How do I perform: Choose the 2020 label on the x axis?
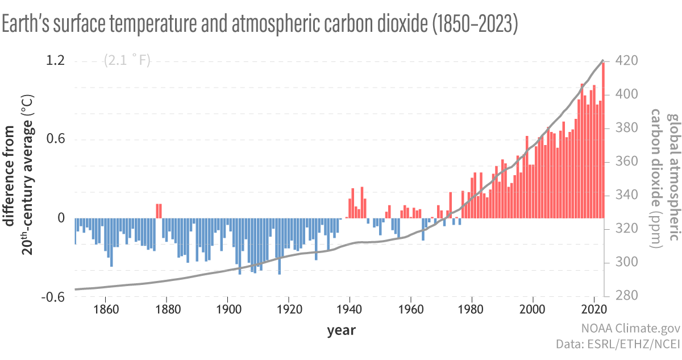[594, 311]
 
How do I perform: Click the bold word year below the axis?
[341, 330]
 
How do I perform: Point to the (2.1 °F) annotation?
[127, 60]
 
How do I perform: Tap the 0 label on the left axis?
[61, 218]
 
